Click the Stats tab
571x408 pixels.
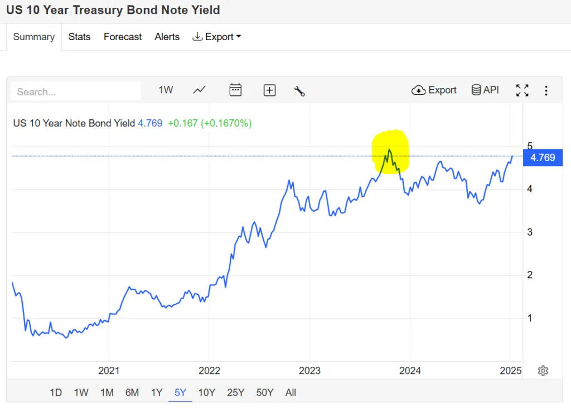tap(79, 37)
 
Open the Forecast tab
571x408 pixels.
tap(123, 37)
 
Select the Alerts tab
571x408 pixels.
tap(167, 37)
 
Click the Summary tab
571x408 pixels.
tap(34, 37)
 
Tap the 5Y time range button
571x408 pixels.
tap(180, 392)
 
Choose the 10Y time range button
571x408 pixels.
tap(206, 392)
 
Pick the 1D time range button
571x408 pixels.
tap(56, 392)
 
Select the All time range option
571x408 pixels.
tap(291, 392)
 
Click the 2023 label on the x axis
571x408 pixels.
tap(309, 371)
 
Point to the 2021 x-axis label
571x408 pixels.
tap(109, 371)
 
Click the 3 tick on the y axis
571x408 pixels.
tap(530, 232)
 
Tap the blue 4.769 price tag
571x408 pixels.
tap(542, 158)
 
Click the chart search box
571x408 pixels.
tap(75, 91)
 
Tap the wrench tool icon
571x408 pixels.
tap(299, 91)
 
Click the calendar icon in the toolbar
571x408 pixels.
tap(235, 90)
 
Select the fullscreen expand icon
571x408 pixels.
tap(522, 90)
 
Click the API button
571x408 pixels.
tap(485, 90)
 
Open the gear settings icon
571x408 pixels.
tap(543, 371)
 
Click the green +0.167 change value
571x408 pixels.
tap(182, 123)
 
